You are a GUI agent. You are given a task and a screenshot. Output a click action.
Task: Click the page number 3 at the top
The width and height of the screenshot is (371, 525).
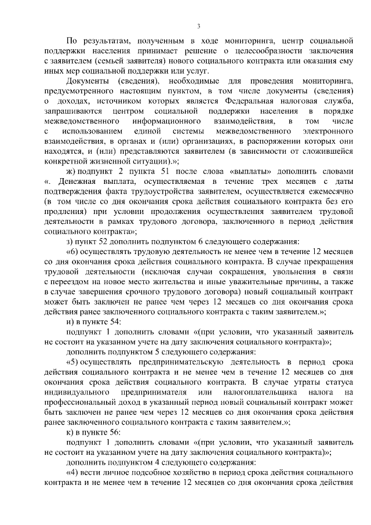(198, 26)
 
